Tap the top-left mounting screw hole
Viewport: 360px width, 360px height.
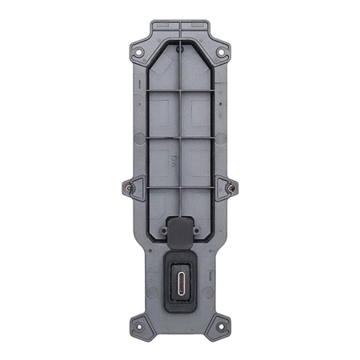point(139,54)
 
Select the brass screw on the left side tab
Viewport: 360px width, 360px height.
point(130,188)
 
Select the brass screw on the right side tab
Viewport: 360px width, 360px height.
point(231,188)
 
